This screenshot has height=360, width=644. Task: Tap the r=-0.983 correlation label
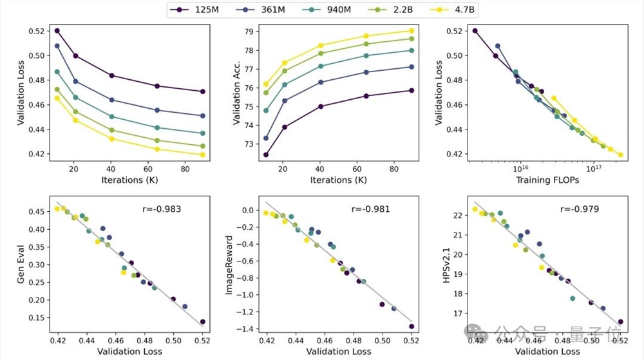(161, 209)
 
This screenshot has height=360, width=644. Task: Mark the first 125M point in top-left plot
(57, 30)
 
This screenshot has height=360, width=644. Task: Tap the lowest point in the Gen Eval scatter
(202, 321)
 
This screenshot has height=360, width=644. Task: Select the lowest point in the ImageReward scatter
(411, 326)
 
